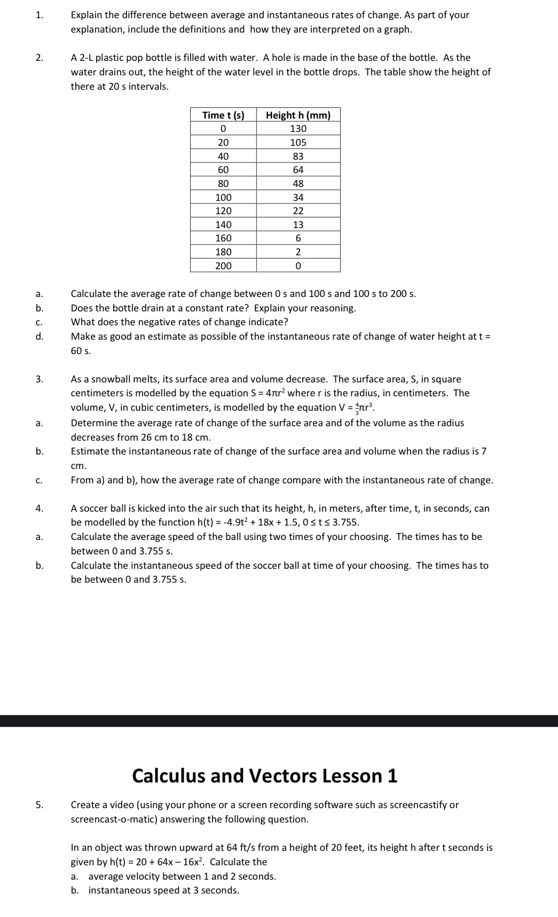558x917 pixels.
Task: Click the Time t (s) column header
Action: tap(223, 115)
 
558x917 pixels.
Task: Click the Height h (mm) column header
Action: tap(298, 115)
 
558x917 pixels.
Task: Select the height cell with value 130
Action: tap(298, 129)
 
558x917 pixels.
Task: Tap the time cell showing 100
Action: tap(223, 197)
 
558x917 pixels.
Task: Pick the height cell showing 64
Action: tap(298, 170)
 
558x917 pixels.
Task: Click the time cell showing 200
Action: tap(223, 265)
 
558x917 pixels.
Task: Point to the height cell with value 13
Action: tap(298, 225)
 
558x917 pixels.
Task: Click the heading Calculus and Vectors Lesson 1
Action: tap(265, 775)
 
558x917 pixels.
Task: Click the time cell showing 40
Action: tap(223, 156)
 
